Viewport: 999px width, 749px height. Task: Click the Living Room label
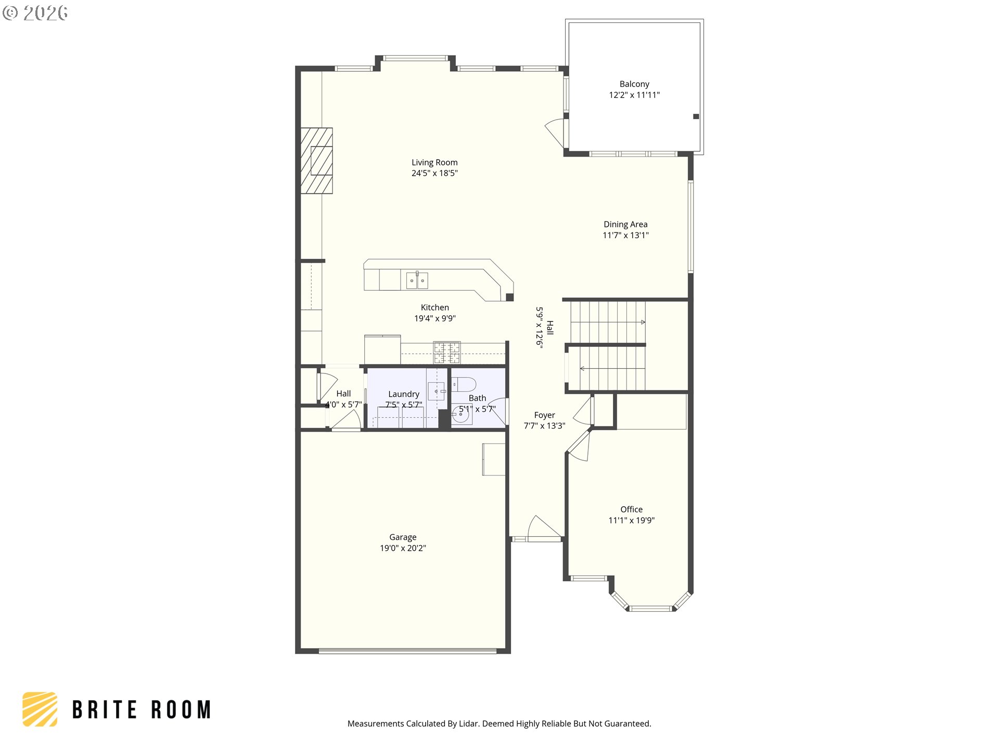point(434,162)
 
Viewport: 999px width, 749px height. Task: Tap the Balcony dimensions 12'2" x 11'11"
point(634,95)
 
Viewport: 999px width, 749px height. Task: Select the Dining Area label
point(625,224)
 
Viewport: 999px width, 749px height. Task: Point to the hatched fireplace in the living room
point(316,161)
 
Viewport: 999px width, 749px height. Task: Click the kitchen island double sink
point(417,280)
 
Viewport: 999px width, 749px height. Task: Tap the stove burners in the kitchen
point(447,352)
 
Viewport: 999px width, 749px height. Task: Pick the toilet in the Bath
point(463,384)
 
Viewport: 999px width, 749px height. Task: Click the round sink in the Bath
point(460,415)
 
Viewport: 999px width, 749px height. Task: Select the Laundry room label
point(404,394)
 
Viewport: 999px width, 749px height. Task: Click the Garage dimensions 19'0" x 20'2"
point(403,548)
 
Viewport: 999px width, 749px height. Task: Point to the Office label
point(631,509)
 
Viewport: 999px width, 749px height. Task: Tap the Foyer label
point(544,415)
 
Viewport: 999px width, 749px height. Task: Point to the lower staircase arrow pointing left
point(612,369)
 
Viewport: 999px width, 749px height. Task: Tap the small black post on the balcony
point(696,117)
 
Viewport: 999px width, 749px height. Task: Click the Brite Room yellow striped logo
point(40,709)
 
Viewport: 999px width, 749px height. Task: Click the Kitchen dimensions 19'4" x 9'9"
point(435,318)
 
